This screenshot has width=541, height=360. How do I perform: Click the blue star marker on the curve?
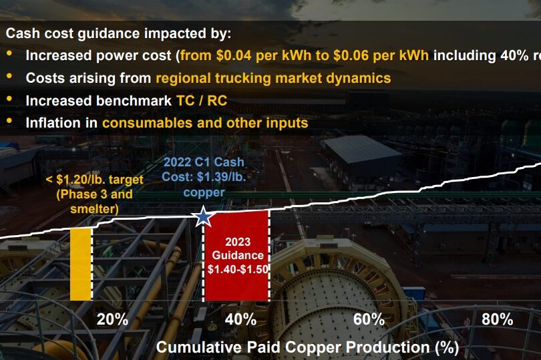tap(203, 216)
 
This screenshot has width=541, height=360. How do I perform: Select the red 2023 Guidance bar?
tap(236, 256)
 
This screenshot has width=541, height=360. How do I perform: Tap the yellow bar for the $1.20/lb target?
tap(80, 264)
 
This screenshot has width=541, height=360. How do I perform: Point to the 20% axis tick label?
tap(112, 319)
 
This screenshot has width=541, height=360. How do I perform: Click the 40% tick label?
tap(240, 319)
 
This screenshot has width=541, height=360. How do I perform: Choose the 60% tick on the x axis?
tap(369, 319)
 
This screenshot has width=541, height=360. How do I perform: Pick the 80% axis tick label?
tap(497, 319)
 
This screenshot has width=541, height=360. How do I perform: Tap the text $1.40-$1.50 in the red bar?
tap(238, 269)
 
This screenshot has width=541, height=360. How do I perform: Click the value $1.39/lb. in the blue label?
tap(221, 177)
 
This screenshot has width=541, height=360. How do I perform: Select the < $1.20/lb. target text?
tap(95, 180)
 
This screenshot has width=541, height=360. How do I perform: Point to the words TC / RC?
tap(202, 100)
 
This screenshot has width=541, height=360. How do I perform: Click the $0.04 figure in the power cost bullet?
tap(234, 55)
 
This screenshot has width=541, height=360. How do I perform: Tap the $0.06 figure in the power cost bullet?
tap(351, 55)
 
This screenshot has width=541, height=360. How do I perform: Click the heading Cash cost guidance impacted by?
tap(118, 33)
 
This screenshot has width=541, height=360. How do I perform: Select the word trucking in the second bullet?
tap(243, 78)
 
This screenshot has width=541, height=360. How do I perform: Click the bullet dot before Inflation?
tap(9, 121)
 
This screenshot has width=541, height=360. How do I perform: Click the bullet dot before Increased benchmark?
tap(9, 99)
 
